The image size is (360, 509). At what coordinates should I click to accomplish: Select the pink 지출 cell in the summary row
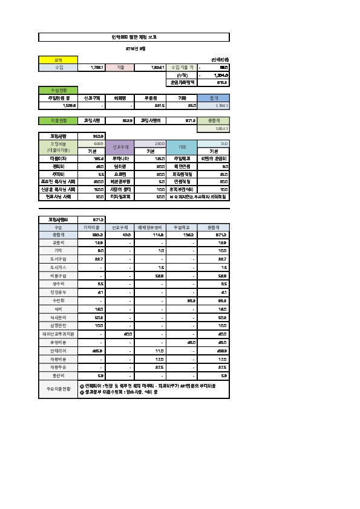[x=128, y=68]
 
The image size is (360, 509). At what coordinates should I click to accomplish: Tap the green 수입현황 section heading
[x=58, y=89]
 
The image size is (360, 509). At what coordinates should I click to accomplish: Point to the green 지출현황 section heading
[x=58, y=120]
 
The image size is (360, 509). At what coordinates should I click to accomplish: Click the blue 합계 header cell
[x=214, y=97]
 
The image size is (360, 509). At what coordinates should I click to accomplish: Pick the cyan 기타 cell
[x=182, y=147]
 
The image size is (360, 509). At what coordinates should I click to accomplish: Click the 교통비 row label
[x=58, y=242]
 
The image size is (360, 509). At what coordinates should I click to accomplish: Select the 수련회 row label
[x=58, y=300]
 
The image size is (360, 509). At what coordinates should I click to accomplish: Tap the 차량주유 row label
[x=58, y=367]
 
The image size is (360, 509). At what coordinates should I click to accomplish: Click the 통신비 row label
[x=58, y=375]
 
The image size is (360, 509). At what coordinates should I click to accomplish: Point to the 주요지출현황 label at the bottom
[x=58, y=389]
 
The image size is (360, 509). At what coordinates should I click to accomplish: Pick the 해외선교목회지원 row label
[x=58, y=333]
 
